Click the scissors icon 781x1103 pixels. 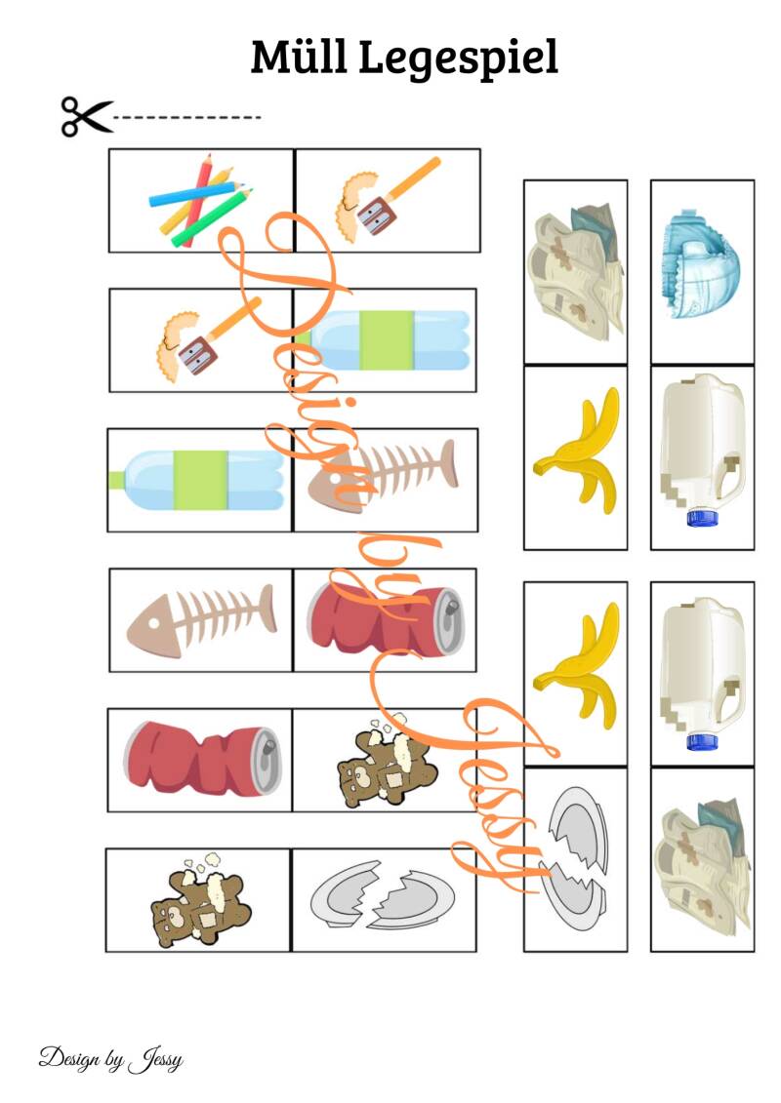coord(86,117)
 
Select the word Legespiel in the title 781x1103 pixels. coord(459,59)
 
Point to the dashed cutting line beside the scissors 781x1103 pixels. coord(187,117)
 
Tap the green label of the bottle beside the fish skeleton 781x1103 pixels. coord(201,480)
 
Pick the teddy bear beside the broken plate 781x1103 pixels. coord(199,901)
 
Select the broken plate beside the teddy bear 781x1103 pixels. coord(383,894)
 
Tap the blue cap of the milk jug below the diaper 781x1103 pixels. coord(702,519)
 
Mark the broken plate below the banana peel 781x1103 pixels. coord(575,859)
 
